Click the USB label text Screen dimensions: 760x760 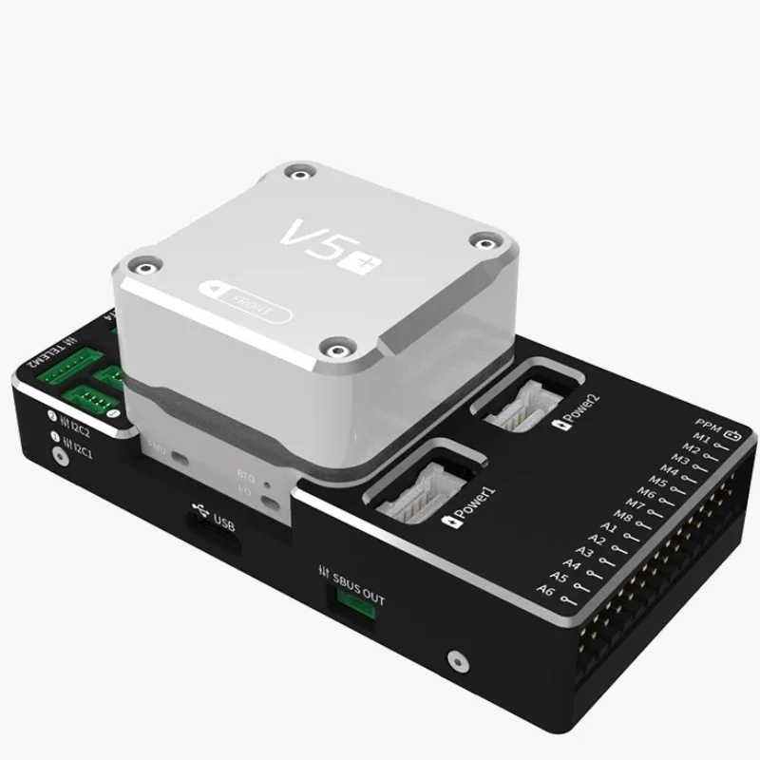tap(223, 522)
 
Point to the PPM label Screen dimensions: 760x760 tap(708, 423)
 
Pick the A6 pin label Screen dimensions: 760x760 tap(545, 590)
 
